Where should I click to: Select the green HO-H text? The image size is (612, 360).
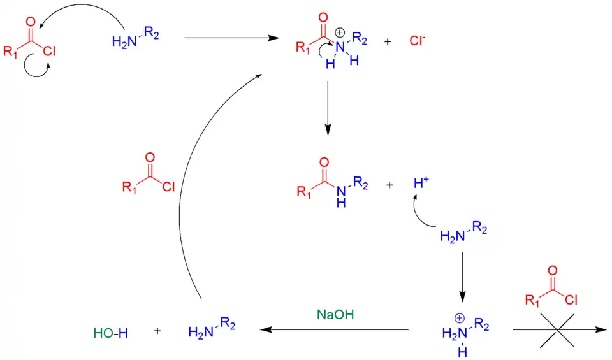pyautogui.click(x=110, y=332)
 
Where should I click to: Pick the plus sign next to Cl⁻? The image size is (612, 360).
pyautogui.click(x=388, y=42)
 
